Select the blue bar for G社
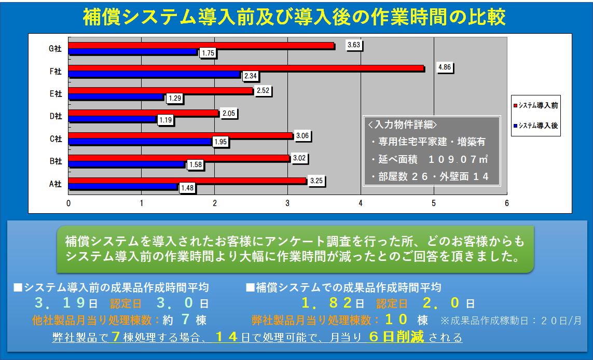(133, 52)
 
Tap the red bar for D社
(143, 113)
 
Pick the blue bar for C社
(140, 142)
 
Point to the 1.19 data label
(166, 120)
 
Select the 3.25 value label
(316, 181)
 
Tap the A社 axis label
(55, 184)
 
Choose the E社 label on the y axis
(55, 94)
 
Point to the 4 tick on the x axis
(361, 203)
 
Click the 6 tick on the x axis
(507, 203)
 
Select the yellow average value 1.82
(326, 303)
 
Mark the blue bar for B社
(127, 164)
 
